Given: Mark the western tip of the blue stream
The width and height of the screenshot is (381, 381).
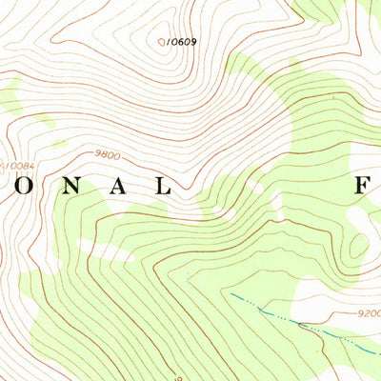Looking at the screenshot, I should pos(231,296).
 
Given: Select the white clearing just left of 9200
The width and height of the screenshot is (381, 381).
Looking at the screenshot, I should pos(314,297).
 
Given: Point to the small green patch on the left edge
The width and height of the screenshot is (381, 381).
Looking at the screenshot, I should pos(10,95).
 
